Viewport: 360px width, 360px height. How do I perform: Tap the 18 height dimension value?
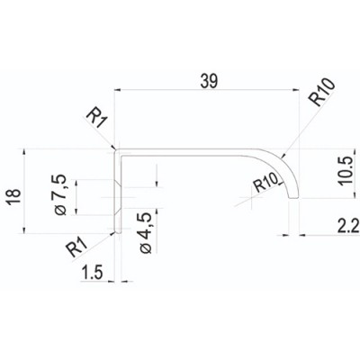pos(11,191)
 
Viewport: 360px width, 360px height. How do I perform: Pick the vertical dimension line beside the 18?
pos(28,191)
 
